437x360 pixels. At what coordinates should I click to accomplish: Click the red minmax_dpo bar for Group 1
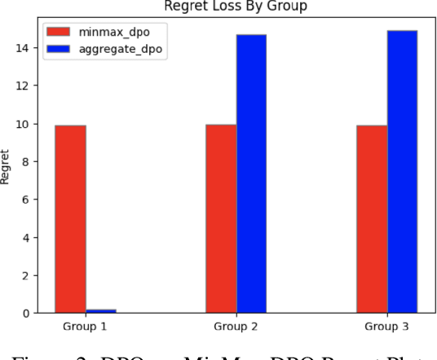point(70,218)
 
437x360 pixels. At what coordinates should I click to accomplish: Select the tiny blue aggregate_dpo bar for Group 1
point(101,310)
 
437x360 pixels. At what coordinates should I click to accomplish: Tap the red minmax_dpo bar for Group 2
point(221,218)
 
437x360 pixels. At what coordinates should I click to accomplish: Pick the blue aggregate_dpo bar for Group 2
point(251,173)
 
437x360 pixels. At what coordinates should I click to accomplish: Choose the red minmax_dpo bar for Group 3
point(372,218)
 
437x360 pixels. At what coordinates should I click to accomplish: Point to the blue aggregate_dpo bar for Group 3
point(402,172)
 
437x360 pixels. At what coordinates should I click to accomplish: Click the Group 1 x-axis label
point(86,327)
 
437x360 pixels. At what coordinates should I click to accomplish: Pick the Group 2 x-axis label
point(236,327)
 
